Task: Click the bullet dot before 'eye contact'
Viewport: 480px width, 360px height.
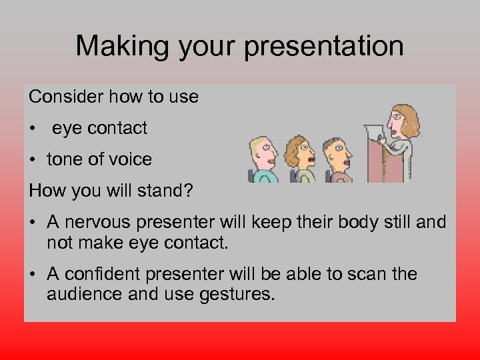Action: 33,129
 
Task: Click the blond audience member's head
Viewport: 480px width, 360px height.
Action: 263,153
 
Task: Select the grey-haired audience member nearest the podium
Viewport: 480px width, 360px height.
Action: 338,156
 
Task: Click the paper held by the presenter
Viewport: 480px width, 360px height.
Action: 375,133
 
